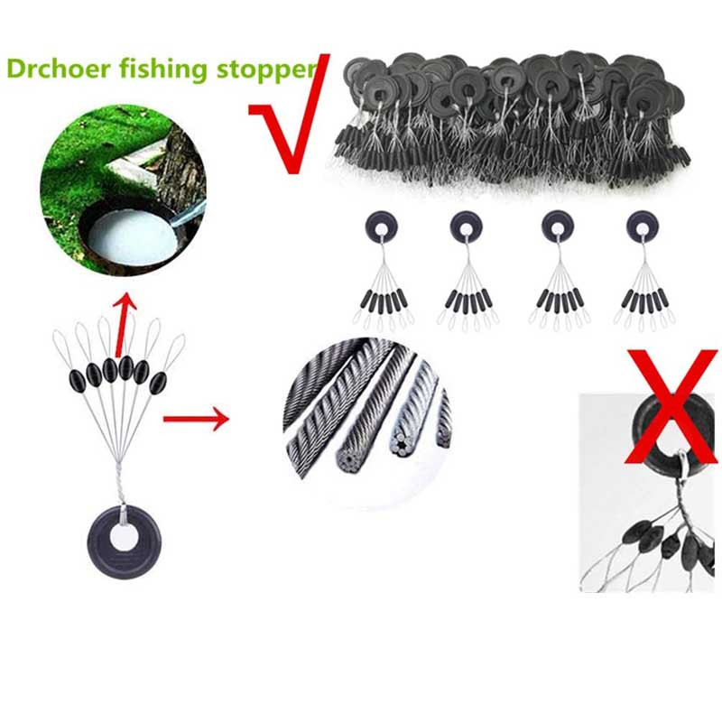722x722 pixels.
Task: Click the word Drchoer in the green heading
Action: tap(59, 69)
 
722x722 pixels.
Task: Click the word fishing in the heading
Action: tap(163, 69)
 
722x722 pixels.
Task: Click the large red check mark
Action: tap(290, 115)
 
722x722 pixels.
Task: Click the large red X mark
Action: tap(671, 406)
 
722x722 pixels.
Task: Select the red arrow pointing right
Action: tap(196, 419)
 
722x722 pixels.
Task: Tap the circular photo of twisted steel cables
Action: tap(367, 422)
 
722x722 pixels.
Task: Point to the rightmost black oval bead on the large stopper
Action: tap(158, 382)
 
